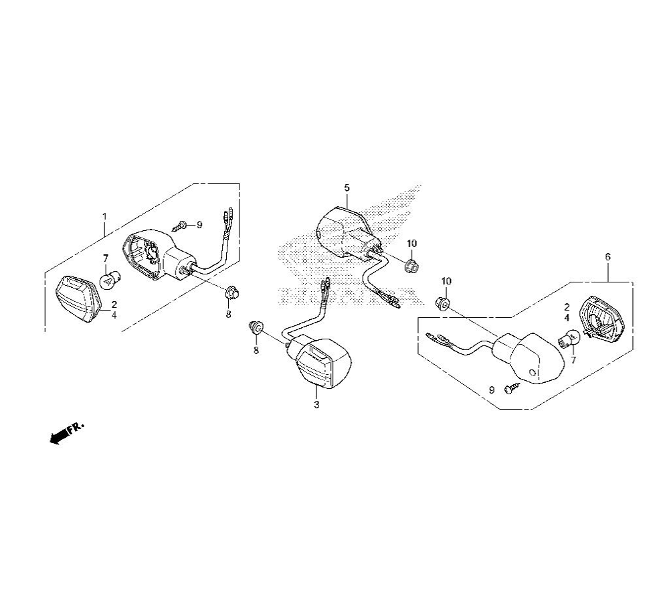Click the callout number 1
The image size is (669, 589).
(x=104, y=216)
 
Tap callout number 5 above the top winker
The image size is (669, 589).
(x=347, y=188)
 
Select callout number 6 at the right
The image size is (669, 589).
(x=608, y=257)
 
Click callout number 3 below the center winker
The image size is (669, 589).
(x=316, y=405)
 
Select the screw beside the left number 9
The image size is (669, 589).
(x=181, y=226)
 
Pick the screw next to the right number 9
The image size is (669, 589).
(x=512, y=388)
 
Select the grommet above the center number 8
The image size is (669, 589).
(x=256, y=328)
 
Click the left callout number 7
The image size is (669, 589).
(x=106, y=258)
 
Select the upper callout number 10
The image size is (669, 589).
(x=411, y=244)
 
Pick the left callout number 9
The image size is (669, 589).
(x=199, y=225)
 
